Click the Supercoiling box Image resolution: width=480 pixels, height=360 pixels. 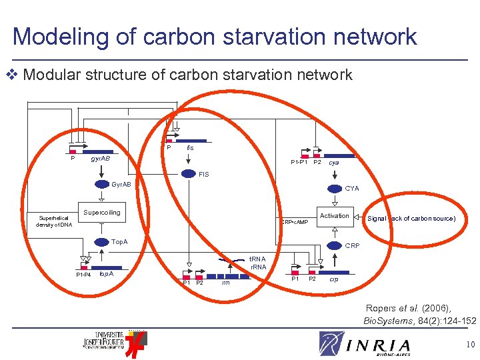click(x=101, y=213)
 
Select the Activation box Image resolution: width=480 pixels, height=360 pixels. click(x=334, y=215)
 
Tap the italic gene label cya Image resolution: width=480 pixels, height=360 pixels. click(x=334, y=162)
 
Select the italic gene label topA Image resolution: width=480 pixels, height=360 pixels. click(x=106, y=273)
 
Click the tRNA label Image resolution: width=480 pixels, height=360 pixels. click(x=257, y=259)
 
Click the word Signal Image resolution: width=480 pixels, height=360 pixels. click(x=377, y=219)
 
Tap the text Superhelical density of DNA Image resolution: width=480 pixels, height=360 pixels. click(x=55, y=221)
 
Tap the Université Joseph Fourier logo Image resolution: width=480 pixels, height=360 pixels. click(x=113, y=340)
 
